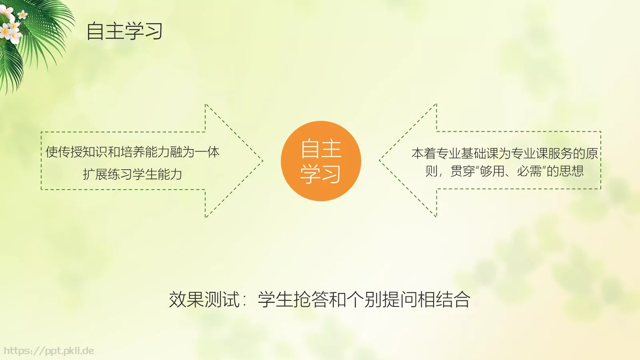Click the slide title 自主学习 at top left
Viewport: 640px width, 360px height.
point(124,31)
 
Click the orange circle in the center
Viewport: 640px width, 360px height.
point(321,161)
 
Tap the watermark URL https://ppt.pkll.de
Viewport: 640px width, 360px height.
point(49,351)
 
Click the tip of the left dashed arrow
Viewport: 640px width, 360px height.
point(262,161)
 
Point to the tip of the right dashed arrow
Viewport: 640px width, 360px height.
point(380,161)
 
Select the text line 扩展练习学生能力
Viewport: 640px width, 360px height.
point(132,174)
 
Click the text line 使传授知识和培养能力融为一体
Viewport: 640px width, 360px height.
point(132,152)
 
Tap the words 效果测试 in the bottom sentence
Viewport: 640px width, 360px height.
point(204,299)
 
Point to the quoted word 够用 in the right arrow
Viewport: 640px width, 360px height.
point(492,171)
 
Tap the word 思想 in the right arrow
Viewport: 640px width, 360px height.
point(572,171)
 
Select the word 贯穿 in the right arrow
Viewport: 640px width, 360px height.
point(462,171)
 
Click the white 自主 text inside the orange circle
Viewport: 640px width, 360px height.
point(321,149)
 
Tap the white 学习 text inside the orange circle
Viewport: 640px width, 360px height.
point(321,174)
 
